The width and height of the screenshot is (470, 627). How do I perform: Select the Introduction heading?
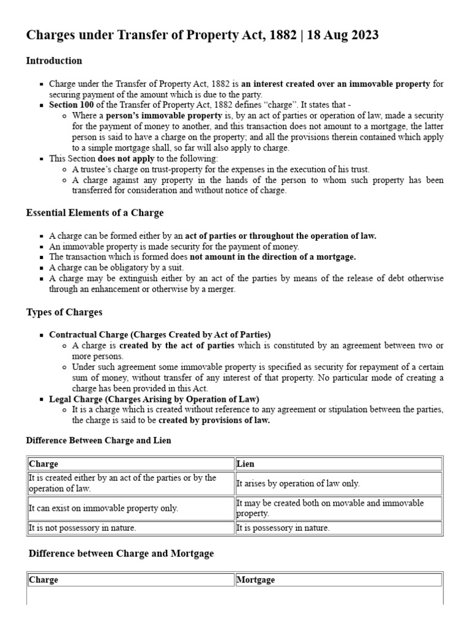click(54, 61)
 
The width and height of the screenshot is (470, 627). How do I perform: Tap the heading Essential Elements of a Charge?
click(94, 212)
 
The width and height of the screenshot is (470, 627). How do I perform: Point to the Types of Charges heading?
click(64, 312)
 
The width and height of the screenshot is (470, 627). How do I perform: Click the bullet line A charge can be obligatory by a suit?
click(116, 268)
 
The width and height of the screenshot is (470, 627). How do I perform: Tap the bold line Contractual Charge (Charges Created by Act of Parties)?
click(160, 335)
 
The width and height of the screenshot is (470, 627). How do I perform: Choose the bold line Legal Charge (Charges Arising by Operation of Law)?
click(154, 399)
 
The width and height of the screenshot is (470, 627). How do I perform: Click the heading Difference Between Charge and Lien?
click(99, 440)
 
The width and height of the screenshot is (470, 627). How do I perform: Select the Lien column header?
click(245, 464)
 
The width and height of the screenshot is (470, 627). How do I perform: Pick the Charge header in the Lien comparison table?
click(43, 464)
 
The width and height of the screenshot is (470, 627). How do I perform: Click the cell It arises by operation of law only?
click(298, 484)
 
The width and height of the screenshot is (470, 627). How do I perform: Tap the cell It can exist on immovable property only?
click(103, 508)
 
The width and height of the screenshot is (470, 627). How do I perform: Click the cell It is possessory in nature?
click(283, 528)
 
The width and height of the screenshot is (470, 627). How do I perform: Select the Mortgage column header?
click(255, 579)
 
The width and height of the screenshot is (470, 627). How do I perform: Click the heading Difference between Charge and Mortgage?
click(121, 554)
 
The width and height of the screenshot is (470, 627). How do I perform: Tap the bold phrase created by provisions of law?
click(214, 421)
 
